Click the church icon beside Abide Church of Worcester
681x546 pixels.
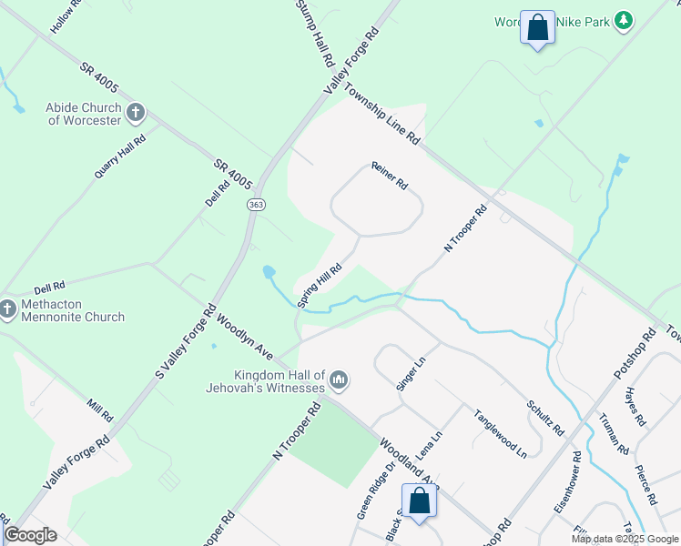[136, 113]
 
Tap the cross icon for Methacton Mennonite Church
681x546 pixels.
[7, 309]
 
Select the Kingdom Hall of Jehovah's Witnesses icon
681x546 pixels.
[339, 379]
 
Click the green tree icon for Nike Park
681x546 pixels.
[623, 21]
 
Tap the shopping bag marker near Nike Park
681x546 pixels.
[537, 27]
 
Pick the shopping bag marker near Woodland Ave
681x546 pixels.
[419, 501]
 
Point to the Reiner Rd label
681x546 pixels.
[389, 177]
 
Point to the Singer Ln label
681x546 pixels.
[411, 374]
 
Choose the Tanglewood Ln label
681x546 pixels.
[500, 431]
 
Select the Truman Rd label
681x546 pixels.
[614, 434]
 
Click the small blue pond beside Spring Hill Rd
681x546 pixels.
[269, 272]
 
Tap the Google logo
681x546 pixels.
[30, 535]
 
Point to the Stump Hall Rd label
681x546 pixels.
[316, 32]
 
